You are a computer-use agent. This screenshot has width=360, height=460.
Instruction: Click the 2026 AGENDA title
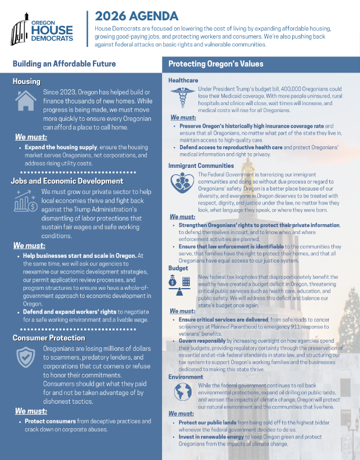pyautogui.click(x=136, y=16)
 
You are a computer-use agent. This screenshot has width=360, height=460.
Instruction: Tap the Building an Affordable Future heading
pyautogui.click(x=64, y=64)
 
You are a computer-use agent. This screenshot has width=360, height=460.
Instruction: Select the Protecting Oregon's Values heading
pyautogui.click(x=215, y=64)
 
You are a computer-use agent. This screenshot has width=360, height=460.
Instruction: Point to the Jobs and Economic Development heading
pyautogui.click(x=67, y=181)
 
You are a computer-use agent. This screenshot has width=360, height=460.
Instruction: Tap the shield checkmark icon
pyautogui.click(x=26, y=357)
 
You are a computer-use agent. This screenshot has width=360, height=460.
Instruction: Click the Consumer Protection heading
pyautogui.click(x=49, y=337)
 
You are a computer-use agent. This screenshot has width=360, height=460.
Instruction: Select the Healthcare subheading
pyautogui.click(x=183, y=80)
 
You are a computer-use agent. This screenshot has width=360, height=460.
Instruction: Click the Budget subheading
pyautogui.click(x=178, y=268)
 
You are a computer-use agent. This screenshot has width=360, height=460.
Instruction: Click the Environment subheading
pyautogui.click(x=186, y=377)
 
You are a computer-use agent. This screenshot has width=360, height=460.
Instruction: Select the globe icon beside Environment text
pyautogui.click(x=182, y=395)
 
